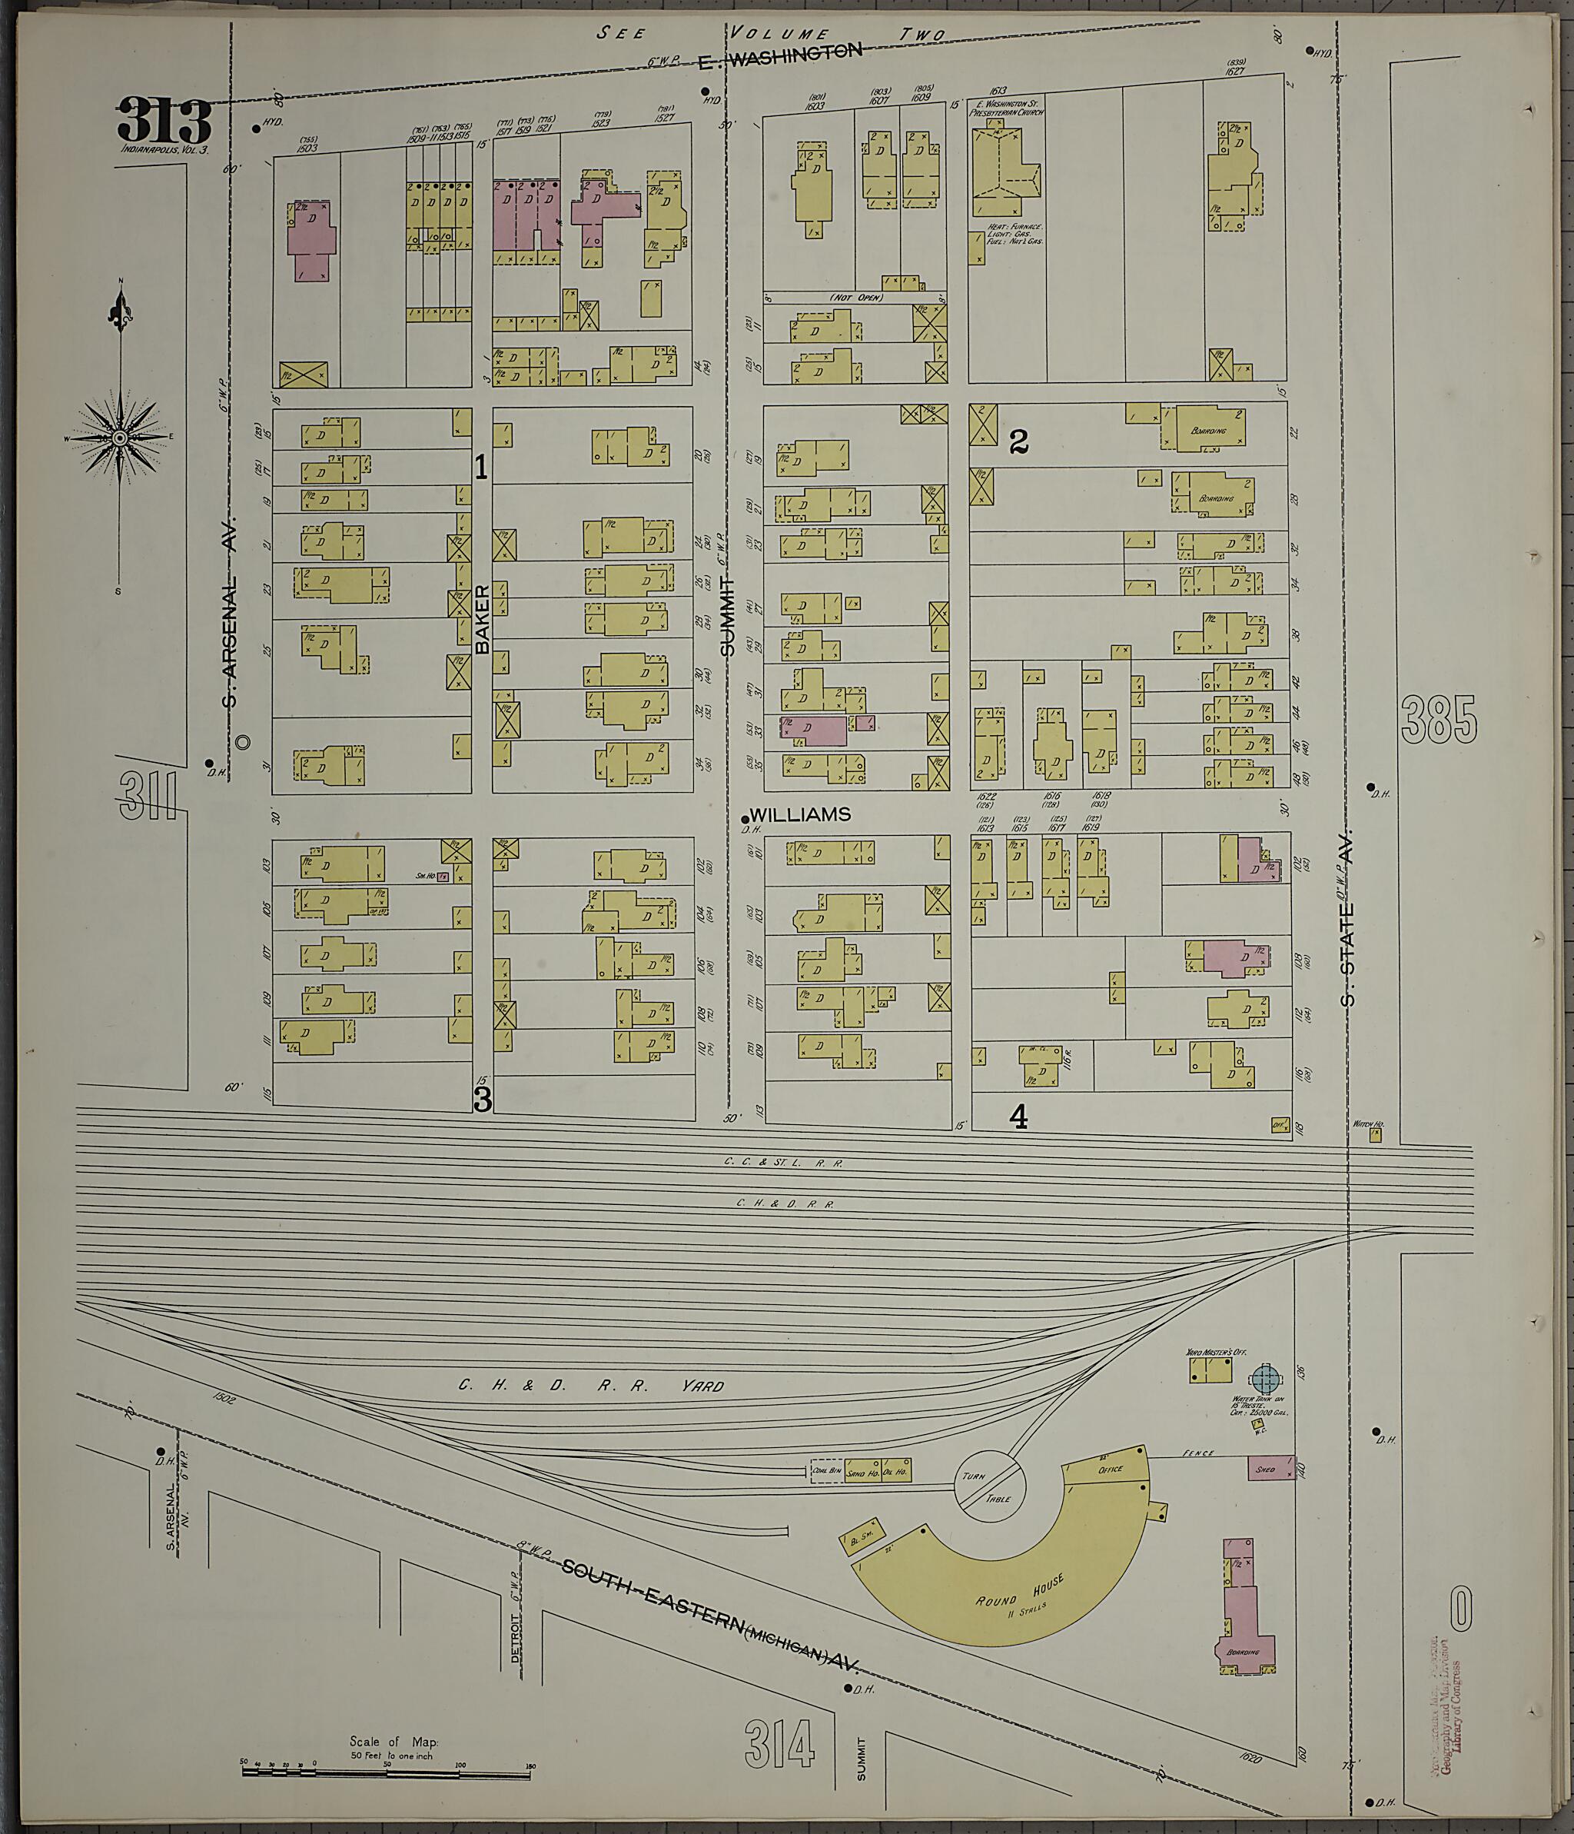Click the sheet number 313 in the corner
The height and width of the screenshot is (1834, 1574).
(164, 122)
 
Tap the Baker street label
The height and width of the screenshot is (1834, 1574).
(482, 620)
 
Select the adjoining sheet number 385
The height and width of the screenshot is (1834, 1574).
(1440, 719)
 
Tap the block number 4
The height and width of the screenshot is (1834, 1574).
(1018, 1118)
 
